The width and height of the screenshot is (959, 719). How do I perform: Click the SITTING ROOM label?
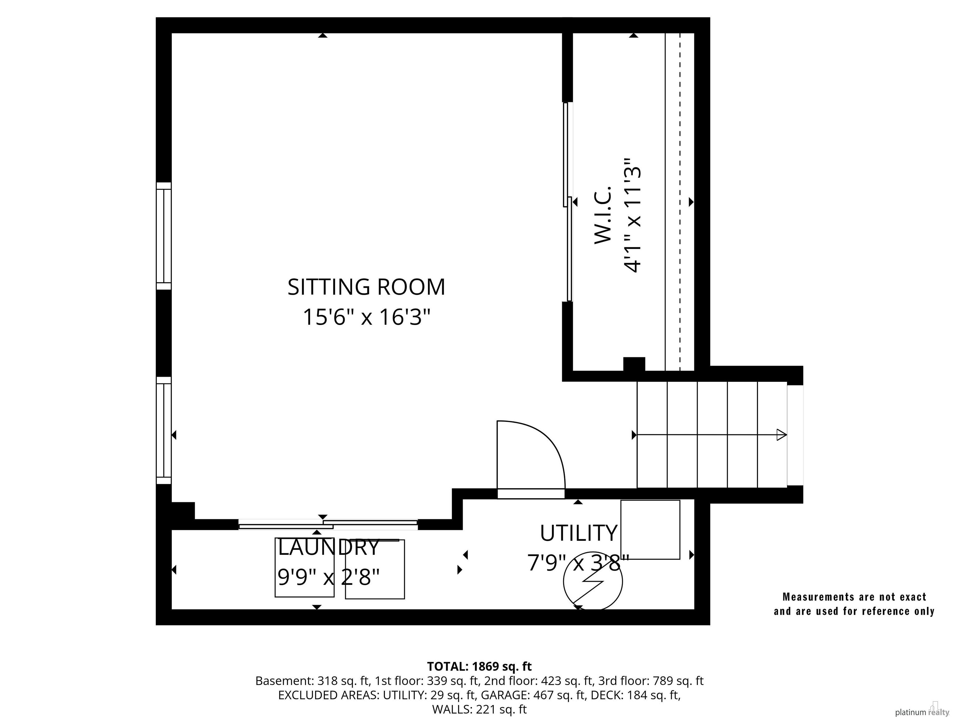pyautogui.click(x=366, y=287)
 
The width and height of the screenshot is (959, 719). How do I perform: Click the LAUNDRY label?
pyautogui.click(x=329, y=547)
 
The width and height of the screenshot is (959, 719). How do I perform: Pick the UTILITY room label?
pyautogui.click(x=578, y=533)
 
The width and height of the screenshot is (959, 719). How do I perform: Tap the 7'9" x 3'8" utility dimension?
pyautogui.click(x=578, y=563)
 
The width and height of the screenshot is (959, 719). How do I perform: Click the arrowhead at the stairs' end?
pyautogui.click(x=781, y=435)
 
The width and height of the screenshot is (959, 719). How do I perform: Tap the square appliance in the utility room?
pyautogui.click(x=650, y=529)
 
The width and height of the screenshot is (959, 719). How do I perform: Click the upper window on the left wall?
pyautogui.click(x=164, y=236)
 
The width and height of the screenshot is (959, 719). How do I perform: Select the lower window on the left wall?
pyautogui.click(x=164, y=430)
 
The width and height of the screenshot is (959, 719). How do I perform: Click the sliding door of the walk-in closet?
pyautogui.click(x=568, y=202)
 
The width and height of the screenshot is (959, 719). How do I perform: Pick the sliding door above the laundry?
pyautogui.click(x=328, y=524)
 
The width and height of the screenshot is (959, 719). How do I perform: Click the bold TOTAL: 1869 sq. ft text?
pyautogui.click(x=479, y=666)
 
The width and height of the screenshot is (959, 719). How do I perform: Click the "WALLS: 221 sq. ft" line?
pyautogui.click(x=479, y=709)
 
